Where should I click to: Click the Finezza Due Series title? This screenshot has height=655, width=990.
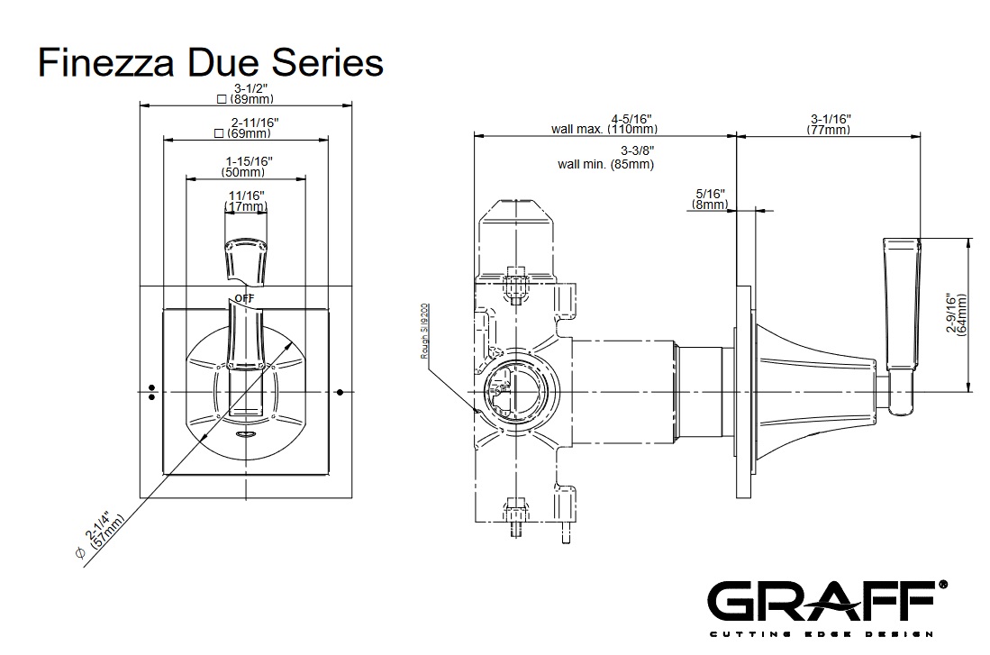pyautogui.click(x=210, y=64)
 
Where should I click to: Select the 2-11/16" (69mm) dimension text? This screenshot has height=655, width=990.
pyautogui.click(x=245, y=128)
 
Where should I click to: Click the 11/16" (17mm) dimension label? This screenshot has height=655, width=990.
pyautogui.click(x=246, y=201)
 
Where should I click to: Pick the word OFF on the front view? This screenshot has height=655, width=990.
pyautogui.click(x=244, y=297)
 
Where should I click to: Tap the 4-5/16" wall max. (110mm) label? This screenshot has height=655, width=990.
pyautogui.click(x=602, y=123)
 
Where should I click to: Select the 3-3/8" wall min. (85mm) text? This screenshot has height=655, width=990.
pyautogui.click(x=605, y=158)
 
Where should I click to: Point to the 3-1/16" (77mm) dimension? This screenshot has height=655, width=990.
pyautogui.click(x=829, y=123)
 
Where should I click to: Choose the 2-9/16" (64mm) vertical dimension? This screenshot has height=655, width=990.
pyautogui.click(x=958, y=315)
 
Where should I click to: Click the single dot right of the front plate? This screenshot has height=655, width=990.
pyautogui.click(x=341, y=392)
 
